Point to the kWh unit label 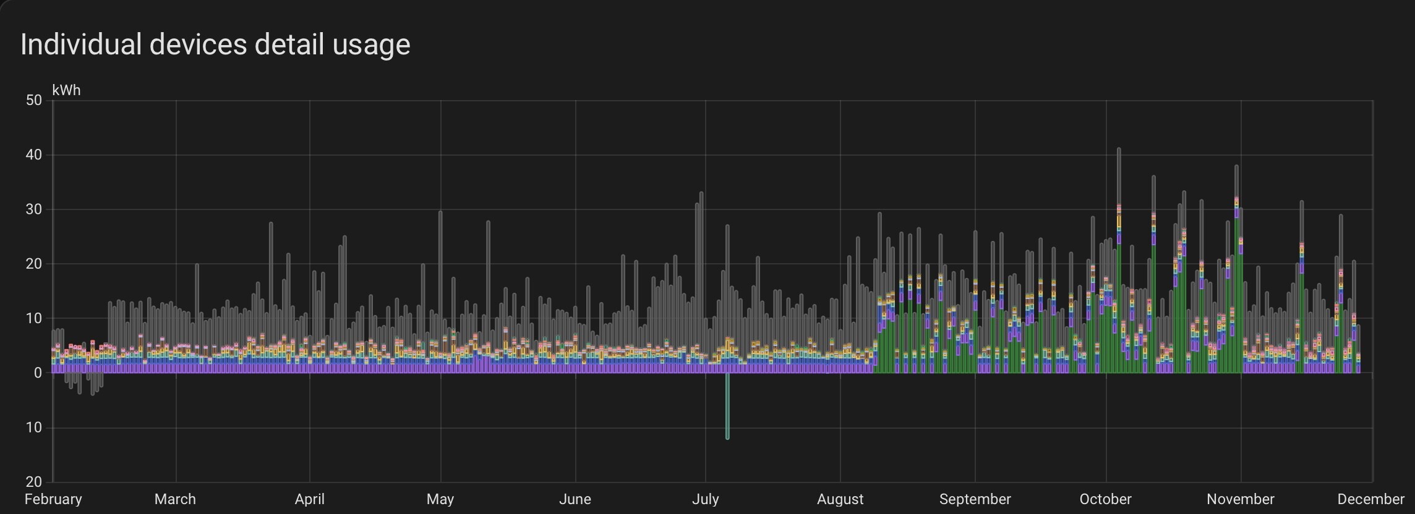[x=66, y=90]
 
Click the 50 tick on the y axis [x=34, y=100]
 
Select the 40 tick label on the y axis [x=34, y=155]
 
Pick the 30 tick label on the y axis [x=34, y=209]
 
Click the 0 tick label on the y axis [x=38, y=373]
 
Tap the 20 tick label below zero [x=34, y=482]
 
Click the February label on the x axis [x=53, y=499]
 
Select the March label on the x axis [x=175, y=499]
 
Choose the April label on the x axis [x=309, y=499]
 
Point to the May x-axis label [x=440, y=499]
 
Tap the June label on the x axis [x=575, y=499]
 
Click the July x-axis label [x=705, y=499]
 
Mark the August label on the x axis [x=840, y=499]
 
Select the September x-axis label [x=975, y=499]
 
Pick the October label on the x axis [x=1105, y=499]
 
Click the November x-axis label [x=1240, y=499]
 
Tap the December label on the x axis [x=1370, y=499]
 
